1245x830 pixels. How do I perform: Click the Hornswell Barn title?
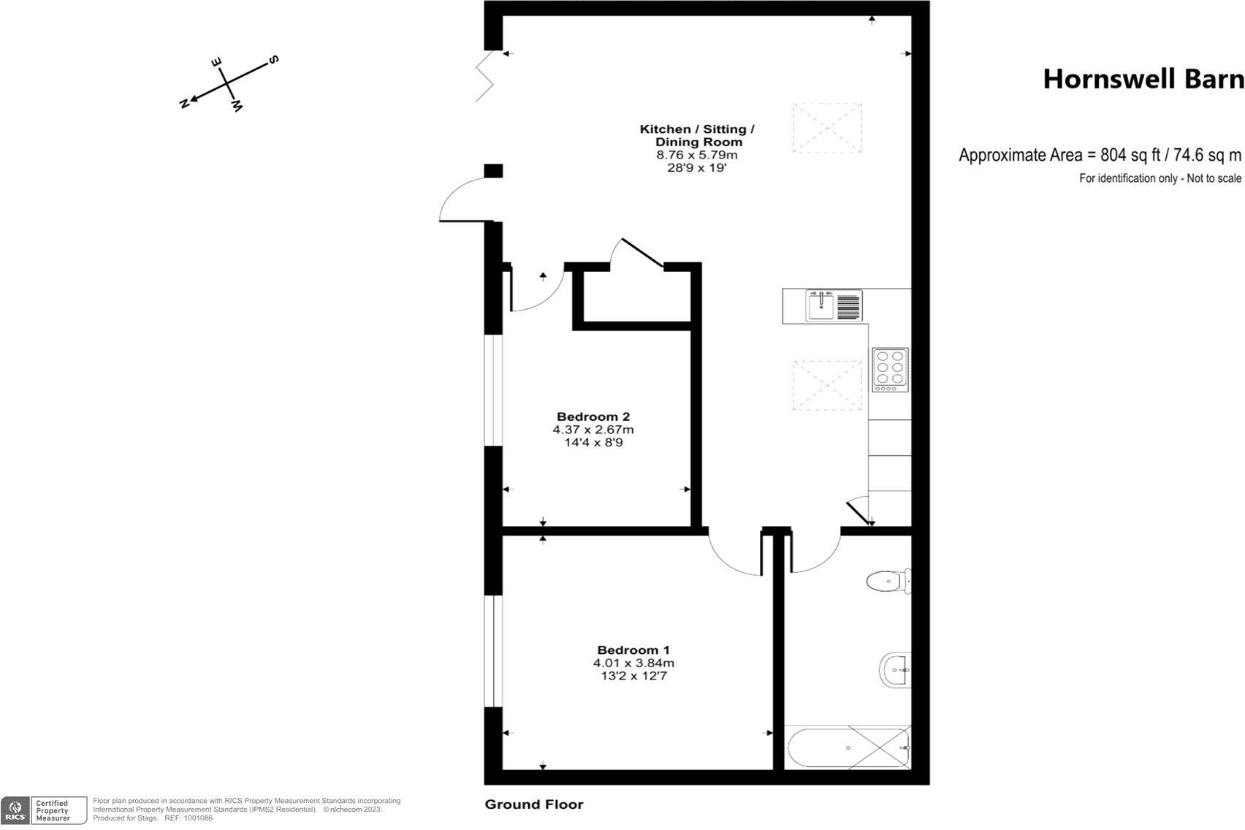(x=1142, y=79)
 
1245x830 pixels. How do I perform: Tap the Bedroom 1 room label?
(x=633, y=650)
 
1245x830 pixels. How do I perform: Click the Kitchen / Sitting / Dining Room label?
(x=697, y=135)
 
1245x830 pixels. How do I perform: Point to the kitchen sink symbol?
(x=821, y=305)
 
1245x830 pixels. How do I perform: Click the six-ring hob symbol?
(x=890, y=369)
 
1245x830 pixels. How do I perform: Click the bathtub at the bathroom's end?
(x=848, y=748)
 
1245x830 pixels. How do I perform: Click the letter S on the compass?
(x=274, y=59)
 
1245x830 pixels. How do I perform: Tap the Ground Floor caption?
(x=534, y=804)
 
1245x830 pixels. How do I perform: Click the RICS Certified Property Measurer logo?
(x=44, y=811)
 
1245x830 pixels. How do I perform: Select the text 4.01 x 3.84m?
(x=633, y=663)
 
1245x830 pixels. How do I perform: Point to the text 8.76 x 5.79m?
(x=696, y=155)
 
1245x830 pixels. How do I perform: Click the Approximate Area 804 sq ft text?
(x=1100, y=155)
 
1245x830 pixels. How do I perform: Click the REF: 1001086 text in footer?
(x=189, y=818)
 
